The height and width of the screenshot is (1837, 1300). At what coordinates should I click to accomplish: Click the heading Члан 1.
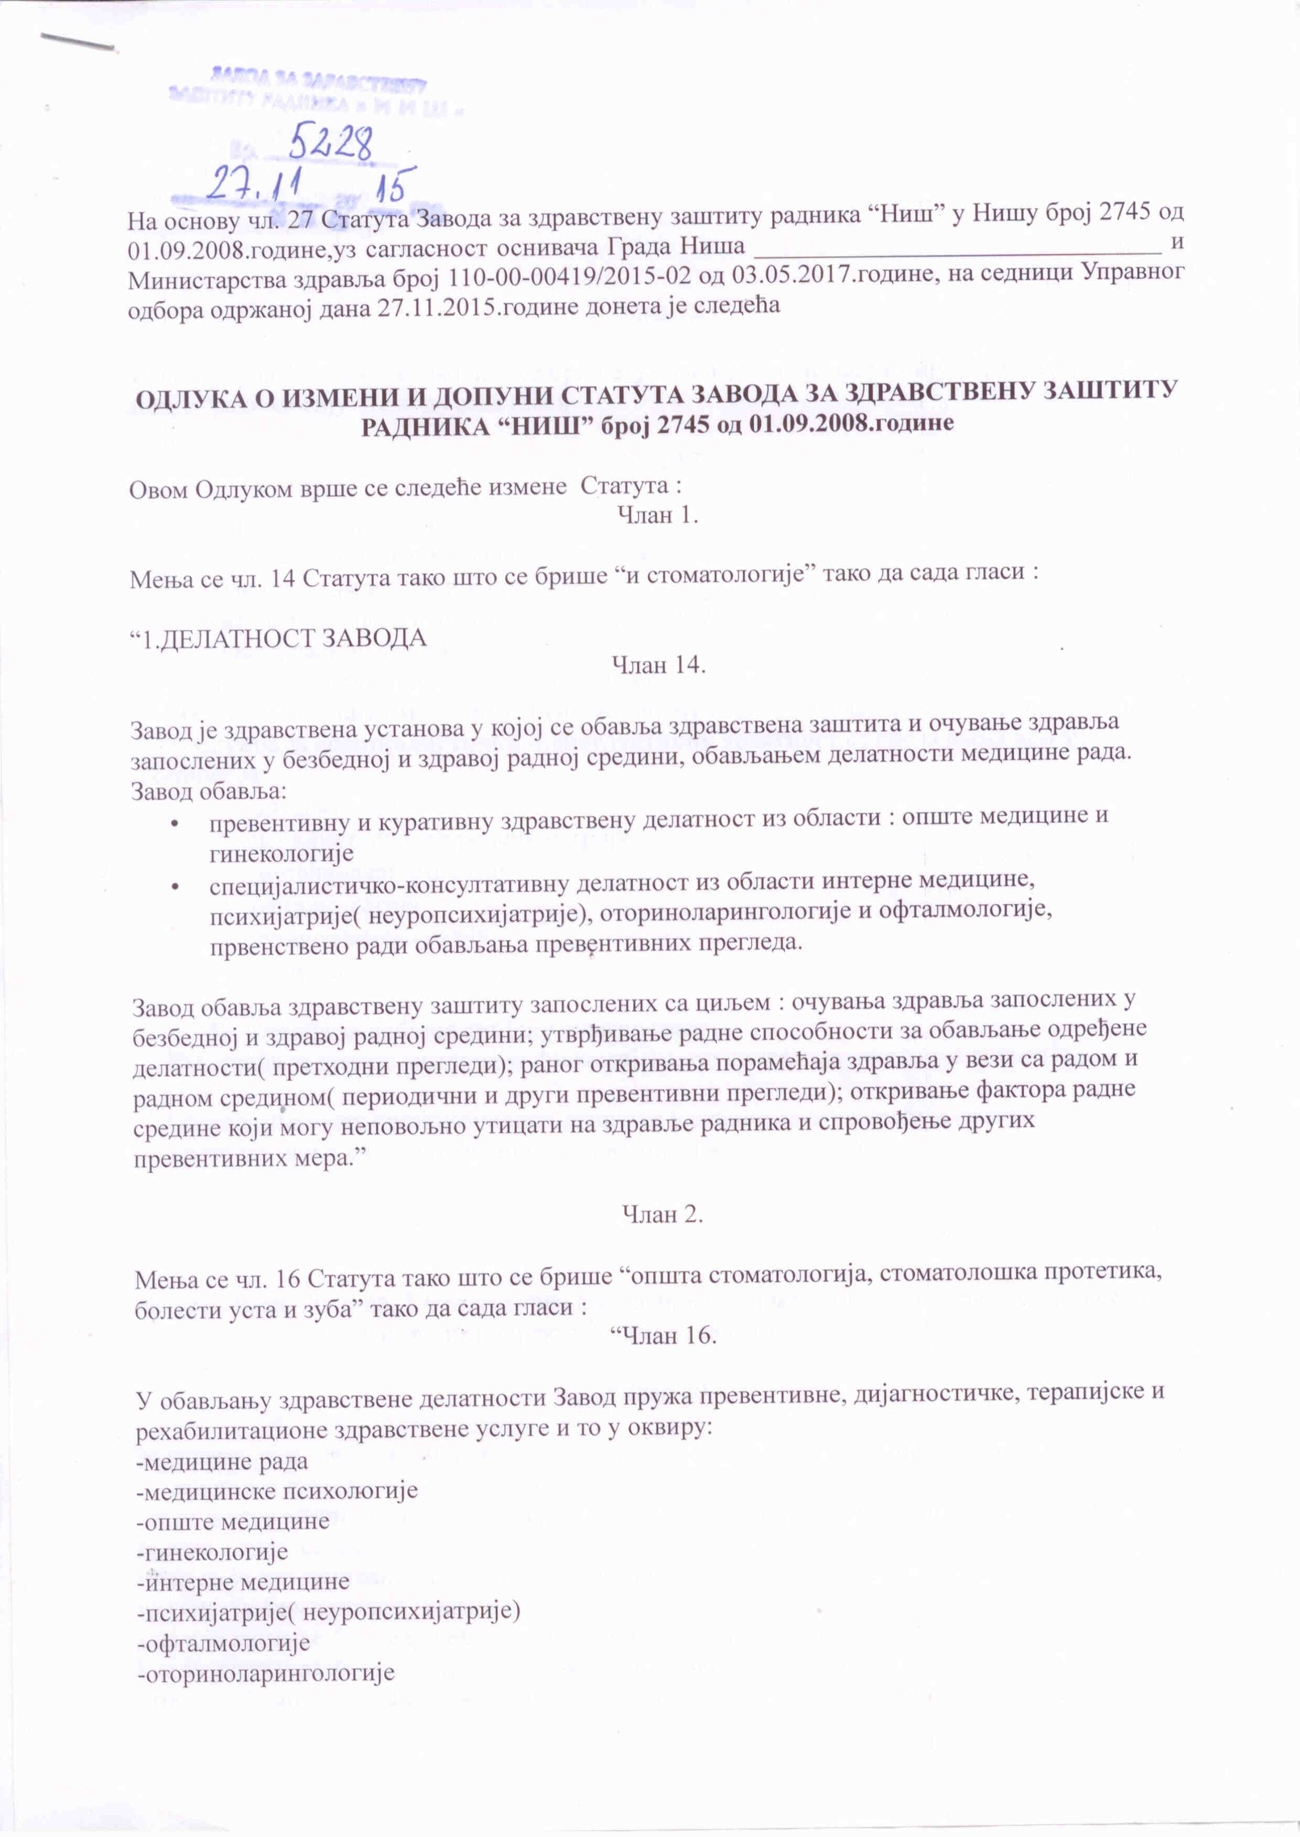658,516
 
